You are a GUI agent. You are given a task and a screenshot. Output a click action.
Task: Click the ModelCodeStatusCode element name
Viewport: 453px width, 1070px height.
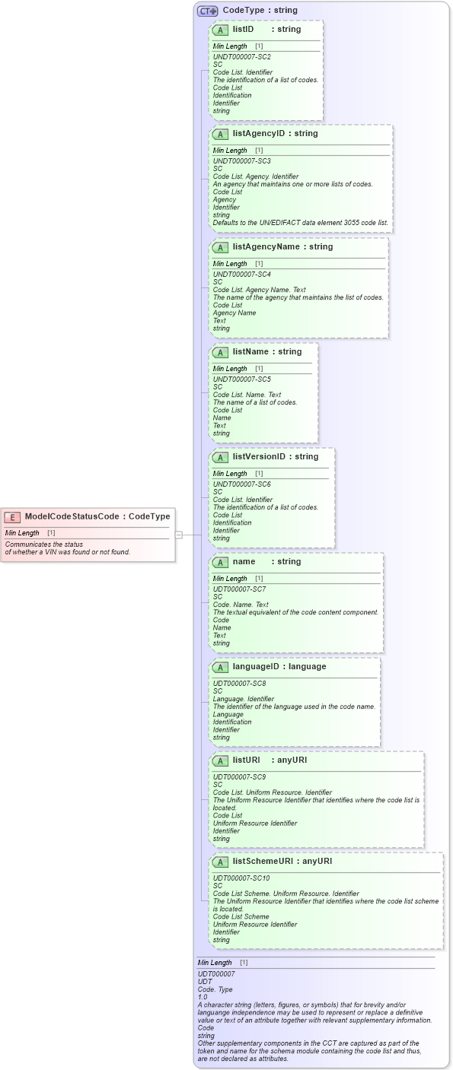click(72, 516)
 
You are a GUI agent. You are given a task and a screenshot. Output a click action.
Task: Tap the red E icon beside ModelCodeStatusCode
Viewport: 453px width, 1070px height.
click(12, 517)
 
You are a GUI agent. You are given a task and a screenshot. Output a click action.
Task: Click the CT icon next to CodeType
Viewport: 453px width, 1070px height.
click(207, 11)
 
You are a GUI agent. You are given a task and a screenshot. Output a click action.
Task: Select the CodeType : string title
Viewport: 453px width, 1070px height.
click(260, 11)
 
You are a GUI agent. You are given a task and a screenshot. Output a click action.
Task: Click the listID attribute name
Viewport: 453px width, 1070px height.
click(243, 29)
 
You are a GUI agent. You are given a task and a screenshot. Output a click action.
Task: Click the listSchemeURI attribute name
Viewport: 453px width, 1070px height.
click(266, 862)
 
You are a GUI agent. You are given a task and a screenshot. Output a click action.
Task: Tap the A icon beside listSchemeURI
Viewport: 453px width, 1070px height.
click(220, 862)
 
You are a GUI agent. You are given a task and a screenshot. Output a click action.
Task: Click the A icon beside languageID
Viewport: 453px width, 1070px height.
click(220, 668)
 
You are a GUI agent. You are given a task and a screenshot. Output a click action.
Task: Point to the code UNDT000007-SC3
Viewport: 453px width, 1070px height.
click(241, 161)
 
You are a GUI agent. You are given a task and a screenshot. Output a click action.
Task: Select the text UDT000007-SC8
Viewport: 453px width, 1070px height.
click(239, 684)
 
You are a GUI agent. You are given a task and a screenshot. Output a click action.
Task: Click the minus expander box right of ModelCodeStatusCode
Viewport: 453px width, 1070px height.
click(179, 535)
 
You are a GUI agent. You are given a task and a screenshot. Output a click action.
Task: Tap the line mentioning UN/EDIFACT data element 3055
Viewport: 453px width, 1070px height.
click(300, 223)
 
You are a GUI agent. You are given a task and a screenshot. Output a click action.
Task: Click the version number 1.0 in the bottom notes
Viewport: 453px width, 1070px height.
click(203, 996)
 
